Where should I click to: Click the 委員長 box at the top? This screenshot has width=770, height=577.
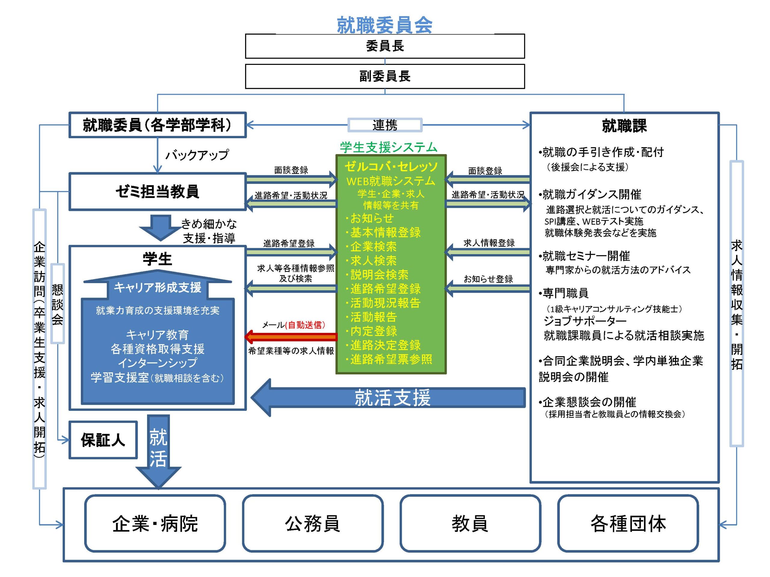pyautogui.click(x=385, y=46)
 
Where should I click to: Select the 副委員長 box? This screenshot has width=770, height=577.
pyautogui.click(x=385, y=76)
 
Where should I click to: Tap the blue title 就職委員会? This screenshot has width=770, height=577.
pyautogui.click(x=385, y=25)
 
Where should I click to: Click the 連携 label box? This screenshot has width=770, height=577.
pyautogui.click(x=385, y=125)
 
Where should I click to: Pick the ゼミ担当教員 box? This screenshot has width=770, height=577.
pyautogui.click(x=157, y=192)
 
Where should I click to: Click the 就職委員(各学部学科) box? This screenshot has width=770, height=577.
pyautogui.click(x=157, y=125)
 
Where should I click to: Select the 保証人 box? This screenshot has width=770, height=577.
pyautogui.click(x=103, y=440)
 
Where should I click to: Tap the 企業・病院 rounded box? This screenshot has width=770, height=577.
pyautogui.click(x=155, y=524)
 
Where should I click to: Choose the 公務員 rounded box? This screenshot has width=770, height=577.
pyautogui.click(x=313, y=524)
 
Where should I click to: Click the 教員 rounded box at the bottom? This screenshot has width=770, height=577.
pyautogui.click(x=470, y=524)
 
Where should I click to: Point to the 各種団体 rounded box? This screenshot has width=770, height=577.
pyautogui.click(x=628, y=524)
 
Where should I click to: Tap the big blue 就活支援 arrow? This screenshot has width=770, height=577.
pyautogui.click(x=388, y=398)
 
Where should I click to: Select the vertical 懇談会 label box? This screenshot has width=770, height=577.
pyautogui.click(x=57, y=304)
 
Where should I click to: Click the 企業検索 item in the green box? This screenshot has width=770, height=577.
pyautogui.click(x=373, y=247)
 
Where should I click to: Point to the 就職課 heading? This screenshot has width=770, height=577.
pyautogui.click(x=624, y=126)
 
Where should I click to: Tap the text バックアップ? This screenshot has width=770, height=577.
pyautogui.click(x=197, y=155)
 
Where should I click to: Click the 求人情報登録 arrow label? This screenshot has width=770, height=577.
pyautogui.click(x=489, y=243)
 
